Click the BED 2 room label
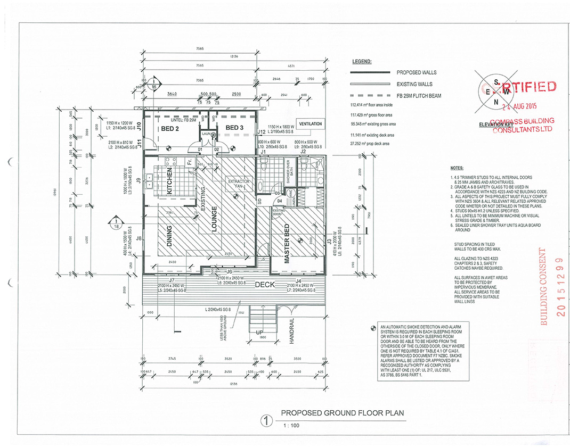(170, 128)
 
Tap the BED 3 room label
(234, 128)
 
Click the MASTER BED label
(287, 244)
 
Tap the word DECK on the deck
(265, 285)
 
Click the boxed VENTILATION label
(310, 124)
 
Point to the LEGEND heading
(362, 62)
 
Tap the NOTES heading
(457, 167)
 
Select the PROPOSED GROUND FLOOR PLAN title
(343, 413)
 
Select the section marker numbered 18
(116, 223)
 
